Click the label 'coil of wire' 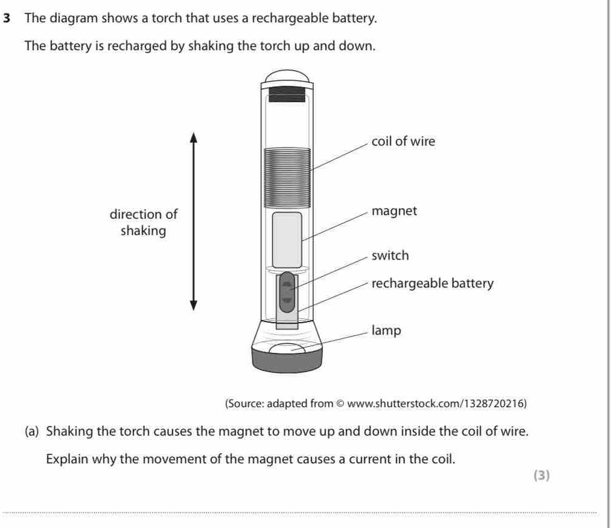pyautogui.click(x=403, y=141)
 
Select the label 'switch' pyautogui.click(x=390, y=256)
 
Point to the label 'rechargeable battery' pyautogui.click(x=432, y=283)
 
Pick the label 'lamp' pyautogui.click(x=386, y=330)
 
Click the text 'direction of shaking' pyautogui.click(x=144, y=222)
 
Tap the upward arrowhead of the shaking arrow pyautogui.click(x=194, y=137)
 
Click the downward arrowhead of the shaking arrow pyautogui.click(x=194, y=304)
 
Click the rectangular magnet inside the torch pyautogui.click(x=287, y=239)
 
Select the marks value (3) pyautogui.click(x=542, y=475)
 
